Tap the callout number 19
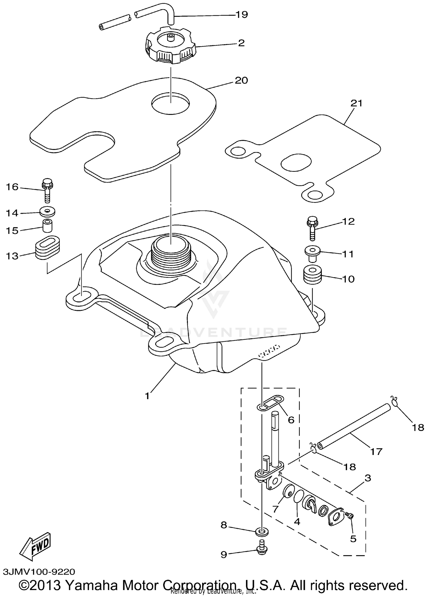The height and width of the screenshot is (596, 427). (x=242, y=15)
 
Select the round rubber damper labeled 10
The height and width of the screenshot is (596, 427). (x=313, y=275)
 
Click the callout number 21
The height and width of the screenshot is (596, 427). (x=357, y=103)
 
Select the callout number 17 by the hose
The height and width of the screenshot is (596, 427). (x=376, y=452)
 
